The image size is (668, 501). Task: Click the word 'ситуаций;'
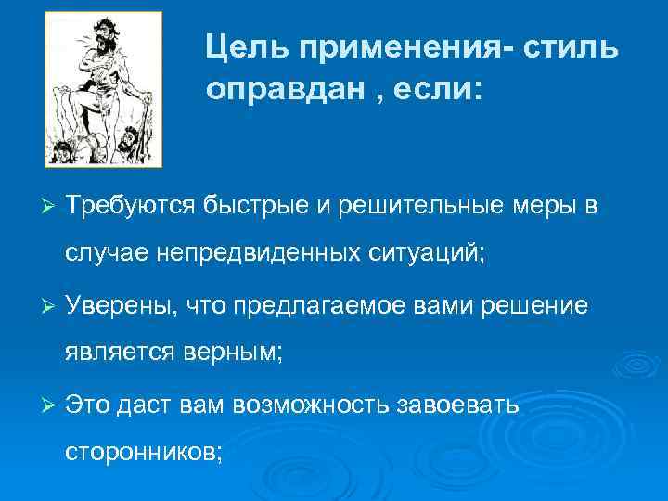pos(421,250)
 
